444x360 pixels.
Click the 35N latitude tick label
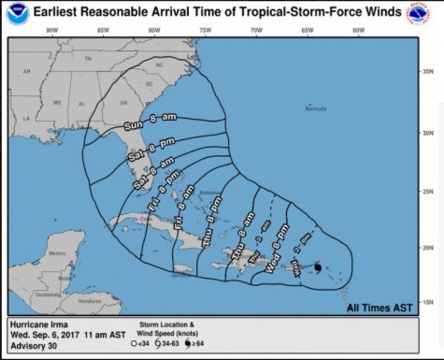(x=426, y=71)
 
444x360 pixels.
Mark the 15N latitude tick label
(x=426, y=300)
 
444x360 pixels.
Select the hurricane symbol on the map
(x=319, y=267)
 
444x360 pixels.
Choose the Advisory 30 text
(x=32, y=350)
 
